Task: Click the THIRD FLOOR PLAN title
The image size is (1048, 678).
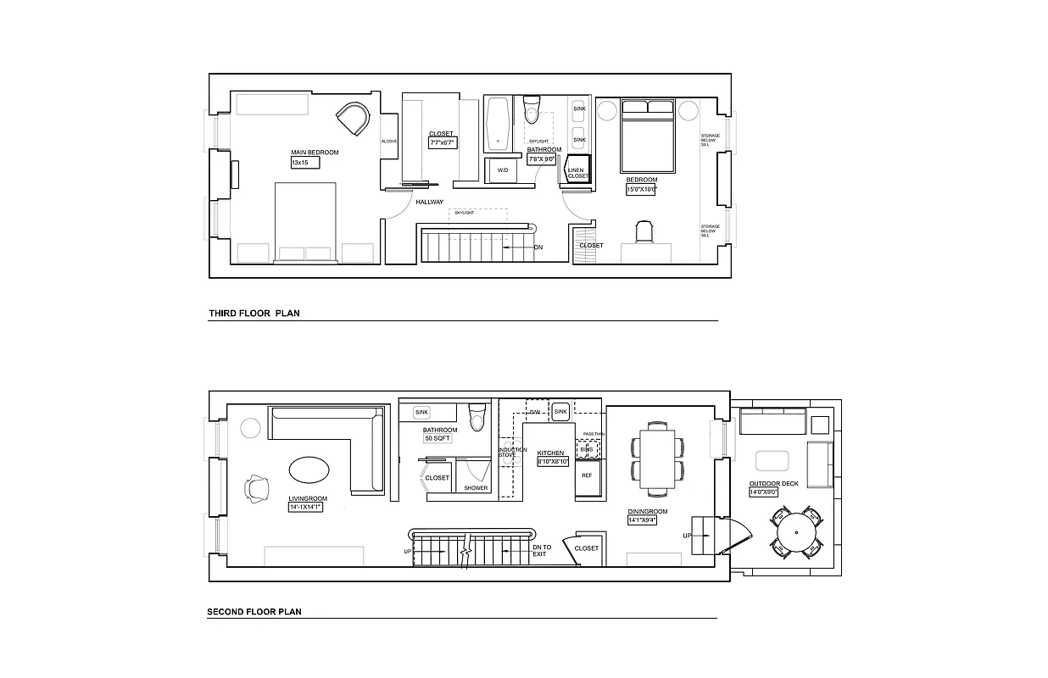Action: [254, 314]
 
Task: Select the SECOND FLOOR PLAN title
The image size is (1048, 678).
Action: [254, 611]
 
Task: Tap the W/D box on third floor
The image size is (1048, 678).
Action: [502, 170]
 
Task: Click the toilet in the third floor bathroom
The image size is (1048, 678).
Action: [532, 109]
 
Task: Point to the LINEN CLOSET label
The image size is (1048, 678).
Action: [577, 173]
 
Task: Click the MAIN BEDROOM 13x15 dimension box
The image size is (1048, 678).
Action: [300, 162]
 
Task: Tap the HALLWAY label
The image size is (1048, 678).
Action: [429, 202]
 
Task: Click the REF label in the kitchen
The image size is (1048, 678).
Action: [587, 475]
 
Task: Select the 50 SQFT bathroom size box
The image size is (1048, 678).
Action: [438, 439]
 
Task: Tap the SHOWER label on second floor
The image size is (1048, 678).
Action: [476, 487]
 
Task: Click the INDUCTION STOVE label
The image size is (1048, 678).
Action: [507, 453]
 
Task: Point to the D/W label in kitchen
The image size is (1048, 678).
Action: [535, 412]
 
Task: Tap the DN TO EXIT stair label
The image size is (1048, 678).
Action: [541, 550]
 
